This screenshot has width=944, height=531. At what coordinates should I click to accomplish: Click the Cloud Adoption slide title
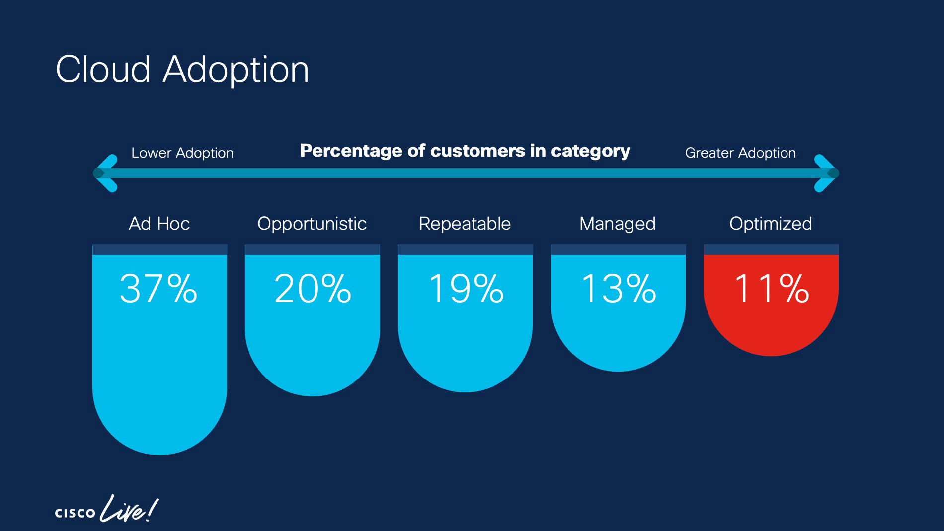[182, 70]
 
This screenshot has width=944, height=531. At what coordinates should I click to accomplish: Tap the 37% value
[158, 289]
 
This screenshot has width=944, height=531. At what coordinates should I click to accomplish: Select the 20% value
[313, 289]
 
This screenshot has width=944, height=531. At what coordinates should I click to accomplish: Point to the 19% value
[466, 289]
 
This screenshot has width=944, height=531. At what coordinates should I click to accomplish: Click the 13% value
[618, 289]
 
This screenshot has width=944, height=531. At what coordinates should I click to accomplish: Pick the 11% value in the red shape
[771, 289]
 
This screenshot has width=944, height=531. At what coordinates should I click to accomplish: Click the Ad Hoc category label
[159, 224]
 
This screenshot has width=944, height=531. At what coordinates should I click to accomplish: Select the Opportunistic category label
[312, 224]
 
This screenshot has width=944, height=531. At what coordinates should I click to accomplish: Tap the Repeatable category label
[465, 224]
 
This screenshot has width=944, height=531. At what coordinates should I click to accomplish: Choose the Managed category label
[618, 224]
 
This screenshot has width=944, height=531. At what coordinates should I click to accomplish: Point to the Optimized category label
[771, 224]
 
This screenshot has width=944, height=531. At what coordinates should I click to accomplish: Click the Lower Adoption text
[182, 153]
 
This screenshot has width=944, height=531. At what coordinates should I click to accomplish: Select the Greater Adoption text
[740, 153]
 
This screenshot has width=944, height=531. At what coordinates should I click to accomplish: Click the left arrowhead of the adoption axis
[105, 173]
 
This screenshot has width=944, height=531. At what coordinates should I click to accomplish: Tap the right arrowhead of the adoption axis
[827, 173]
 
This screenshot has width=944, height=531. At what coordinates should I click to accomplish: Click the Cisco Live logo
[106, 510]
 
